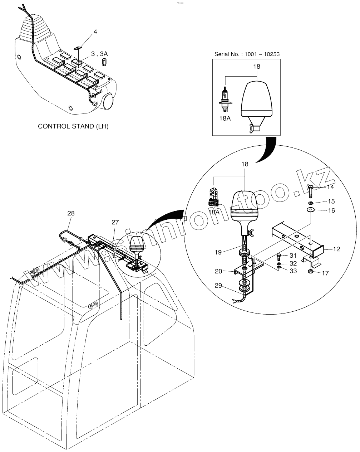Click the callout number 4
coord(95,32)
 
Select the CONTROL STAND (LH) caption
coord(73,126)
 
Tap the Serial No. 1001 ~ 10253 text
coord(247,54)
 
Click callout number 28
coord(71,213)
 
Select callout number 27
coord(115,222)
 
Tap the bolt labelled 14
coord(311,191)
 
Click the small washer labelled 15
coord(311,203)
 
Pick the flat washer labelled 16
coord(311,210)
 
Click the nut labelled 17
coord(311,272)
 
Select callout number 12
coord(336,249)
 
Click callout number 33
coord(293,271)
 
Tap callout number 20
coord(218,271)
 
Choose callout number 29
coord(218,286)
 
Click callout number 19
coord(218,252)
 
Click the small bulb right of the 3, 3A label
coord(104,63)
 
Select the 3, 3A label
coord(99,54)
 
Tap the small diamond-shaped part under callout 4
coord(78,48)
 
